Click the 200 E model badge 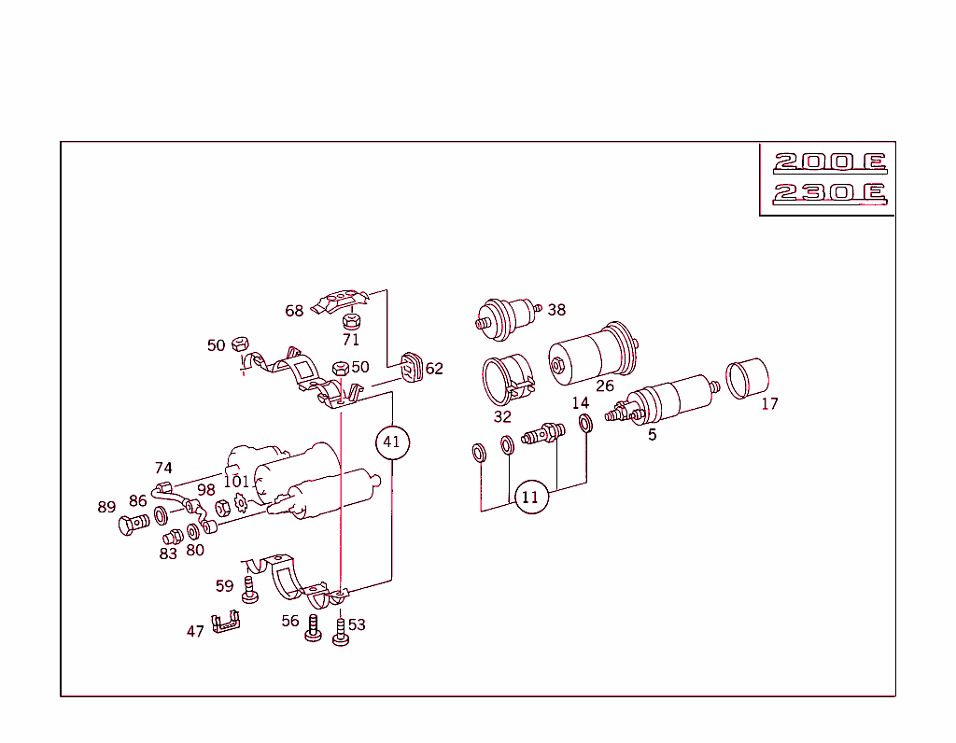(828, 162)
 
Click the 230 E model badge (828, 193)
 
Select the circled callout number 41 (392, 442)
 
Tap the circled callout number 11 (530, 497)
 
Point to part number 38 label (557, 310)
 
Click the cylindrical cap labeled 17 (747, 377)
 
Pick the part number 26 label (605, 386)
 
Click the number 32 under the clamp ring (502, 416)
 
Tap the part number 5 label (652, 434)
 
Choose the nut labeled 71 (351, 322)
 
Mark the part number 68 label (294, 311)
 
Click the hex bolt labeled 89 (133, 526)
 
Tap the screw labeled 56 (314, 631)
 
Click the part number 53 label (357, 624)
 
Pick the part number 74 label (163, 469)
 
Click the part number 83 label (168, 553)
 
